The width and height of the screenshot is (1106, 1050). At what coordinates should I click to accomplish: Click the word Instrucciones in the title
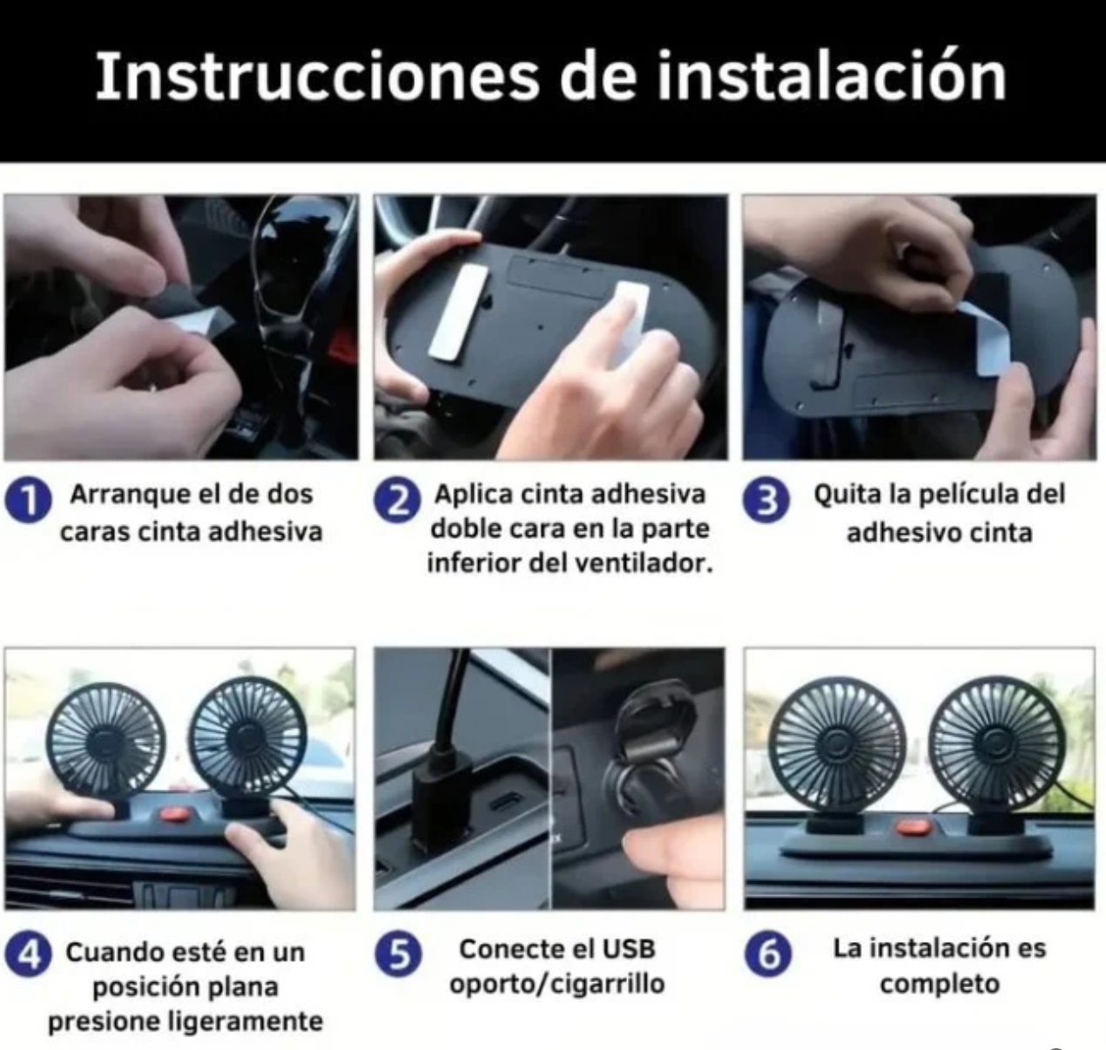(317, 76)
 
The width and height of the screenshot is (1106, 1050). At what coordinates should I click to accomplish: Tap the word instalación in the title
(832, 76)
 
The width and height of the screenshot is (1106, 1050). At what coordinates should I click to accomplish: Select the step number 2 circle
(398, 501)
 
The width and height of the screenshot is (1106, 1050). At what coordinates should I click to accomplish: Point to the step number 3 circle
(766, 501)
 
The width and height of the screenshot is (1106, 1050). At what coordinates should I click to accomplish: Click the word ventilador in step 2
(622, 563)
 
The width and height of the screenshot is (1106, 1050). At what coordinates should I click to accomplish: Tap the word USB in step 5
(629, 949)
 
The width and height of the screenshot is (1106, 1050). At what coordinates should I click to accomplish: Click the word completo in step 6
(940, 985)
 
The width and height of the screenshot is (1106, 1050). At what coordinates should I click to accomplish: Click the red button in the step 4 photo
(174, 814)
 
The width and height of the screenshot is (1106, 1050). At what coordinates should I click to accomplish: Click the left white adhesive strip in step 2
(458, 313)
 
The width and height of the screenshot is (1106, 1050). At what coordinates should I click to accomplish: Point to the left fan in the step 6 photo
(837, 746)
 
